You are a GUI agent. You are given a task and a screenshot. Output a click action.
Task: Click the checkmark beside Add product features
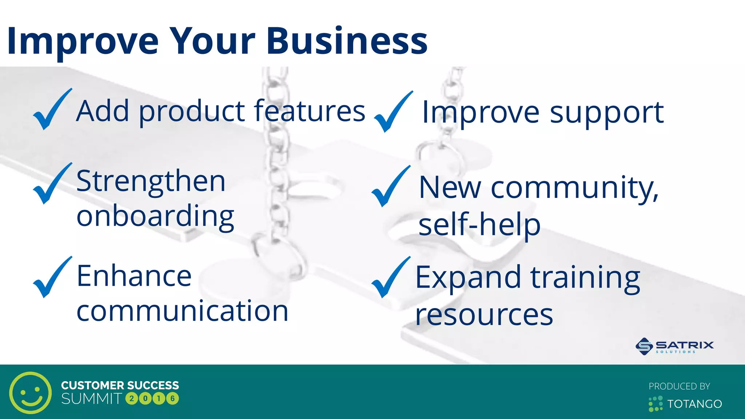[x=51, y=110]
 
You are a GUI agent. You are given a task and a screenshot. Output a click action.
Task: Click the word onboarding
[x=155, y=216]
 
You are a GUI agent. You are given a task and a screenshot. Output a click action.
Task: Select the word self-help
[x=479, y=225]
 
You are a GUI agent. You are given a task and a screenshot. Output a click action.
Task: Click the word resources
[x=484, y=315]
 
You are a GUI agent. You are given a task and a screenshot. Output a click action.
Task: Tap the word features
[x=309, y=111]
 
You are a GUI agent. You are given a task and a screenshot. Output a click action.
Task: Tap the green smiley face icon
[x=31, y=392]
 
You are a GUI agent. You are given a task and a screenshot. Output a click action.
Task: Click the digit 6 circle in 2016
[x=172, y=399]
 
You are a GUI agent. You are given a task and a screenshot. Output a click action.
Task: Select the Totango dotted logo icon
[x=655, y=404]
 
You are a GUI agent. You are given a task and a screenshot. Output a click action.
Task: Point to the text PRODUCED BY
[x=679, y=386]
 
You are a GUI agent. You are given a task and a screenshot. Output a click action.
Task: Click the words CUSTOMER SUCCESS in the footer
[x=120, y=385]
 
